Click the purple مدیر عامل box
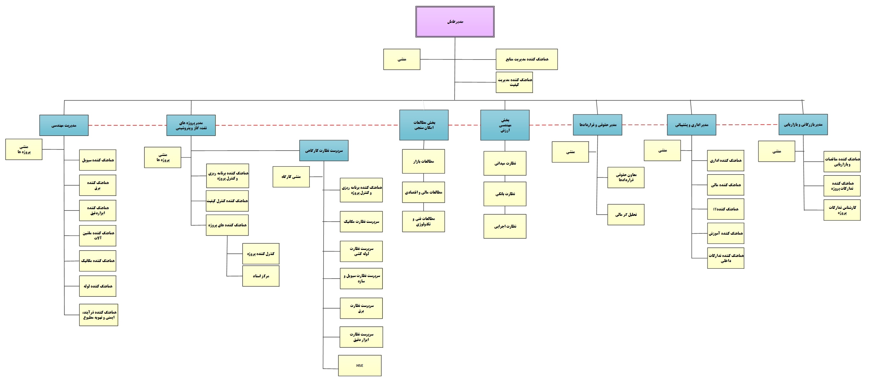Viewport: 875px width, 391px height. (455, 22)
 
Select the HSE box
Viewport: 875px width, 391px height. (360, 366)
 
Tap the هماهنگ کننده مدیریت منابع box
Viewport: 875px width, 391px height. (527, 60)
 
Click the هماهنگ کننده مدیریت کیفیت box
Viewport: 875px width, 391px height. (514, 82)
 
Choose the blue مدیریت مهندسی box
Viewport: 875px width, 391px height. (64, 125)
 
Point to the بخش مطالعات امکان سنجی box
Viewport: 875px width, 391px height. (424, 125)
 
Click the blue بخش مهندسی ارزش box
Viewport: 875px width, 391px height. (505, 125)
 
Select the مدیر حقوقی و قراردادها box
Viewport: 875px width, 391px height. (597, 125)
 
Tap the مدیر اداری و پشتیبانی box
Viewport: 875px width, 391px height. (692, 125)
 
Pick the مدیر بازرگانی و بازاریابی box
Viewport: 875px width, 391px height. (803, 124)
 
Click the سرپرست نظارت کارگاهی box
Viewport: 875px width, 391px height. (324, 151)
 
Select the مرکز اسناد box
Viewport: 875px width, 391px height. (261, 276)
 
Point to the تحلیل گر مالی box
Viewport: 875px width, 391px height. (626, 215)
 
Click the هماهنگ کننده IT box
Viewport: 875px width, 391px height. (726, 209)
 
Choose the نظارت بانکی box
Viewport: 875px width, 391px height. (505, 194)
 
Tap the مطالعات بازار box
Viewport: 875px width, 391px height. (424, 161)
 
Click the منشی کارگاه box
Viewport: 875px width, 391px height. (291, 176)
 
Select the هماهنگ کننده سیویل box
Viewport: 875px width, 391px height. (98, 160)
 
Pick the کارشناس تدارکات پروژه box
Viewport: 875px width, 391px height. (842, 210)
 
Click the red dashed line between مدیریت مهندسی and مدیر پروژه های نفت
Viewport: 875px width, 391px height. (128, 125)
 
